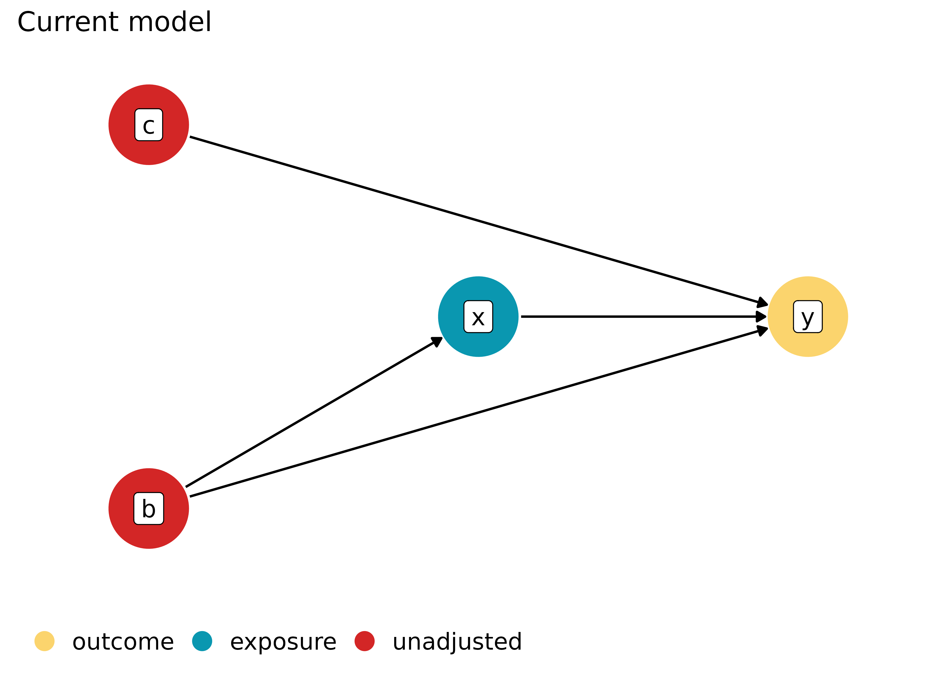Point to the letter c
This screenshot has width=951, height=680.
(x=149, y=126)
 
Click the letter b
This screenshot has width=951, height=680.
(x=149, y=509)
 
